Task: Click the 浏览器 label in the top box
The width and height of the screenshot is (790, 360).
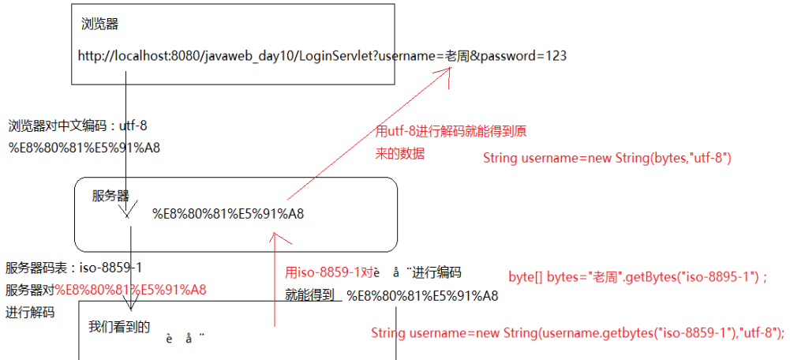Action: pyautogui.click(x=100, y=24)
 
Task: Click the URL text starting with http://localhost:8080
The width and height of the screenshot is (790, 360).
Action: pyautogui.click(x=322, y=56)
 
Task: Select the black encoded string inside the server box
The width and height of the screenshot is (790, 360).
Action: pyautogui.click(x=228, y=213)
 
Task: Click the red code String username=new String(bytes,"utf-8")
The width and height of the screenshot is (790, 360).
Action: pyautogui.click(x=608, y=159)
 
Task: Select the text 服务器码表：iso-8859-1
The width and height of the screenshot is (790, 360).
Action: pyautogui.click(x=74, y=268)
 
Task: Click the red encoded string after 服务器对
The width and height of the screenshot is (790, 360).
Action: pyautogui.click(x=130, y=290)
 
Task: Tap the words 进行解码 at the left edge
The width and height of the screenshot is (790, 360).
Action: pyautogui.click(x=30, y=312)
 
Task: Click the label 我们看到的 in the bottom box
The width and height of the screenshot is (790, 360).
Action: pyautogui.click(x=119, y=326)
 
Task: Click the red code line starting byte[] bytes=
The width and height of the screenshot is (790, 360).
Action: pyautogui.click(x=638, y=277)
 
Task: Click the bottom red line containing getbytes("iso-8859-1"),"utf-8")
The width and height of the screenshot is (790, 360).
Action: pyautogui.click(x=578, y=333)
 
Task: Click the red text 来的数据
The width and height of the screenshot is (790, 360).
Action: pyautogui.click(x=400, y=154)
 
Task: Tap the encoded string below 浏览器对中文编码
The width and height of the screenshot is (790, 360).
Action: pyautogui.click(x=84, y=147)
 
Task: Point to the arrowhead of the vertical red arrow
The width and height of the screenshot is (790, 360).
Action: pyautogui.click(x=274, y=235)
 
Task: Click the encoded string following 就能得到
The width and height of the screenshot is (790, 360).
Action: pyautogui.click(x=422, y=296)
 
